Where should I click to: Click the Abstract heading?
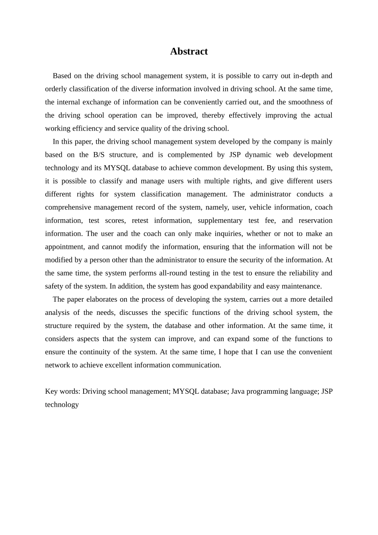click(x=189, y=51)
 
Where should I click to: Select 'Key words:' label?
click(x=62, y=391)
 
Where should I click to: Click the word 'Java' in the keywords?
click(x=238, y=391)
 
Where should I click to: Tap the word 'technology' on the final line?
click(x=62, y=404)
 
